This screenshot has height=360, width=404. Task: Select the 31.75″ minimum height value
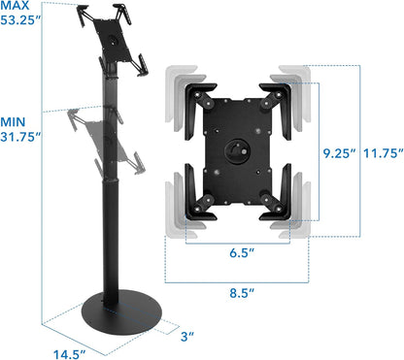coord(21,137)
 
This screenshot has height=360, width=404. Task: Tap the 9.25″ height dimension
coord(336,153)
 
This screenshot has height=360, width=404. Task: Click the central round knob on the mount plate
coord(238,152)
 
